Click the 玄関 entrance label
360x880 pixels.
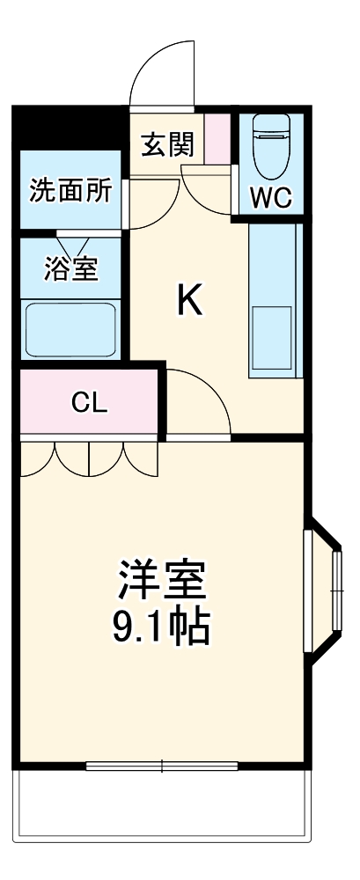tap(167, 143)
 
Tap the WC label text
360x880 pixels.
tap(270, 198)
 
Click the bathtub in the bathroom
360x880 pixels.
tap(70, 327)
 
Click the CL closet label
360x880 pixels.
tap(89, 403)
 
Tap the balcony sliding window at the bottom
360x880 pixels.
tap(162, 766)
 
